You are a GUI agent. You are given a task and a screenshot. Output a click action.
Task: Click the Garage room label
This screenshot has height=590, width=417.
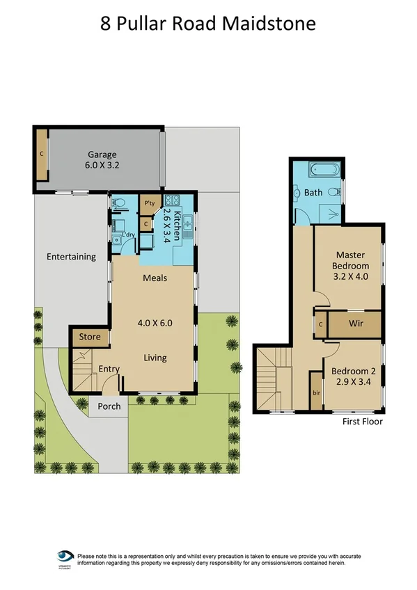[102, 154]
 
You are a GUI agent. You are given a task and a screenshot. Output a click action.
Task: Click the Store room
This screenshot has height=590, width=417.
[89, 337]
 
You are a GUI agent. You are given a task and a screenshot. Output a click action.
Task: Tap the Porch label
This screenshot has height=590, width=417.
[109, 406]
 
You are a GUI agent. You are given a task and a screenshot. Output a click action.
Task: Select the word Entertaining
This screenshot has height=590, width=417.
[71, 257]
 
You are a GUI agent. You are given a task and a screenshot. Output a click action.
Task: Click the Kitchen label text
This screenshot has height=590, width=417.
[178, 225]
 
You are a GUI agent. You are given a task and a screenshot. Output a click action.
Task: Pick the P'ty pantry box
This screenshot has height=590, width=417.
[148, 203]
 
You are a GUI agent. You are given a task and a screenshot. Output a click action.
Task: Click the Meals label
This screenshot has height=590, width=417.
[155, 278]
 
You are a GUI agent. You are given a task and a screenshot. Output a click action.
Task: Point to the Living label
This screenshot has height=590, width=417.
[155, 358]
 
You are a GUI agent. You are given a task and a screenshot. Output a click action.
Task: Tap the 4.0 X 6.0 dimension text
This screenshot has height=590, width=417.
[155, 323]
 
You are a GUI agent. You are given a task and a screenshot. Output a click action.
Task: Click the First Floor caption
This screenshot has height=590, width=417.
[362, 421]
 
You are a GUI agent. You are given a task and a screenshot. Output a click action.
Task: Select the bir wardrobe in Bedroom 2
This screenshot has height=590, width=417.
[317, 392]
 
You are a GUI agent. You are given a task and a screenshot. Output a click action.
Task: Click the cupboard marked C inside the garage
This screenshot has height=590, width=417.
[42, 152]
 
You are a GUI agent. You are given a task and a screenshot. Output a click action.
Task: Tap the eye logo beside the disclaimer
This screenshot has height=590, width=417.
[65, 557]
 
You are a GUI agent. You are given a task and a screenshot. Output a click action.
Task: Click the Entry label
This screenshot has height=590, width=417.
[109, 369]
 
